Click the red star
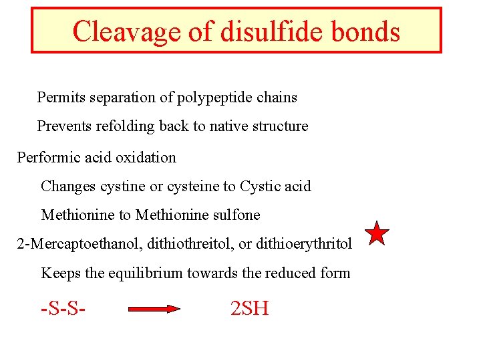coord(377,234)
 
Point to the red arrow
coord(154,309)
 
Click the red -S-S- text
coord(65,308)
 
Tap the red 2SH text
coord(249,308)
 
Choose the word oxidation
coord(146,158)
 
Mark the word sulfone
coord(237,215)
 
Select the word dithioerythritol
coord(304,244)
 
